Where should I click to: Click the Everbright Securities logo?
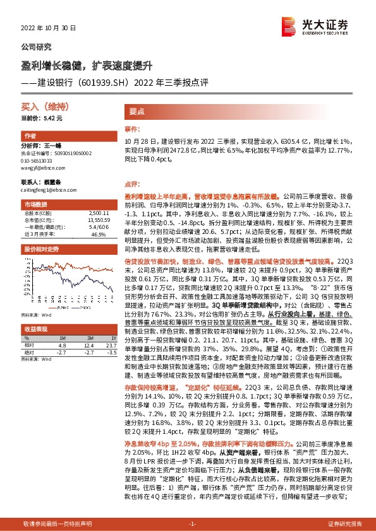[x=320, y=26]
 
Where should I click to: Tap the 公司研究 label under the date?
[x=37, y=47]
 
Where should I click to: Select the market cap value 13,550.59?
[x=99, y=221]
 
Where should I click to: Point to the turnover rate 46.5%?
[x=99, y=234]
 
